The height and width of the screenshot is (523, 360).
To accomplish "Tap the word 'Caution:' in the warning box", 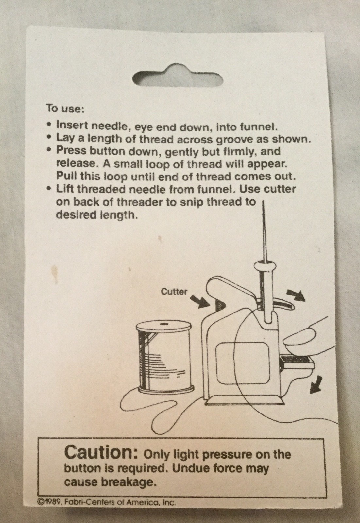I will (x=101, y=453).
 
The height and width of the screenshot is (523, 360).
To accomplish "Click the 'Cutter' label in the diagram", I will (x=174, y=291).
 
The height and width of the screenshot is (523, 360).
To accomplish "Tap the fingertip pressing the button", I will (x=296, y=341).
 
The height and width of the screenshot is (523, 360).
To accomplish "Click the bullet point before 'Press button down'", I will (x=49, y=151).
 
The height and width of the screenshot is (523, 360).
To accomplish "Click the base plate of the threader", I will (x=244, y=399).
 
